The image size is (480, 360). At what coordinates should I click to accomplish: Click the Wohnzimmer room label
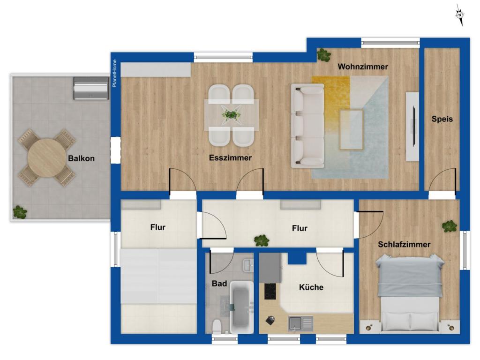(x=363, y=67)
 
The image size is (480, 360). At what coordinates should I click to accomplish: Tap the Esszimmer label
(x=230, y=157)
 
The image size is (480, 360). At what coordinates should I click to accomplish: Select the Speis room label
(x=442, y=119)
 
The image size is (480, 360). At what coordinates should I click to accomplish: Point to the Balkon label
(x=81, y=158)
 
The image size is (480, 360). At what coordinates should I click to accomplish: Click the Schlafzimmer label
(x=404, y=244)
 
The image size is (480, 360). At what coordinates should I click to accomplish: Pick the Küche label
(x=311, y=287)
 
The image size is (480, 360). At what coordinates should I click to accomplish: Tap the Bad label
(x=219, y=284)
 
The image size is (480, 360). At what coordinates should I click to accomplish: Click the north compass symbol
(x=460, y=15)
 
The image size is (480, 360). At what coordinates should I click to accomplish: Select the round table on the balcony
(x=47, y=158)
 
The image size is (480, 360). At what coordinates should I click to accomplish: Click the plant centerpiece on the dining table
(x=231, y=114)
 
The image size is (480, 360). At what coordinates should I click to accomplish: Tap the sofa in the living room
(x=307, y=126)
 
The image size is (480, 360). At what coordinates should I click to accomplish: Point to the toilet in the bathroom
(x=217, y=326)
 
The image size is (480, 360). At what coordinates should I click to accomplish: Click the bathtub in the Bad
(x=242, y=307)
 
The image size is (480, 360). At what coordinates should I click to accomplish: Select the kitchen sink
(x=300, y=323)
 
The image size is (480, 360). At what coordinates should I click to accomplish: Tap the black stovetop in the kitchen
(x=270, y=291)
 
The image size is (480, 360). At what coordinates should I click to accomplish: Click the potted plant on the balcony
(x=20, y=212)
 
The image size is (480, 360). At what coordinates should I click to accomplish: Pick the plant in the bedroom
(x=450, y=226)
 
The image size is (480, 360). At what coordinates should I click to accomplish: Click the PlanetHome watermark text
(x=115, y=74)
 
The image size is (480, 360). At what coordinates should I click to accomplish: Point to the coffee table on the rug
(x=352, y=130)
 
